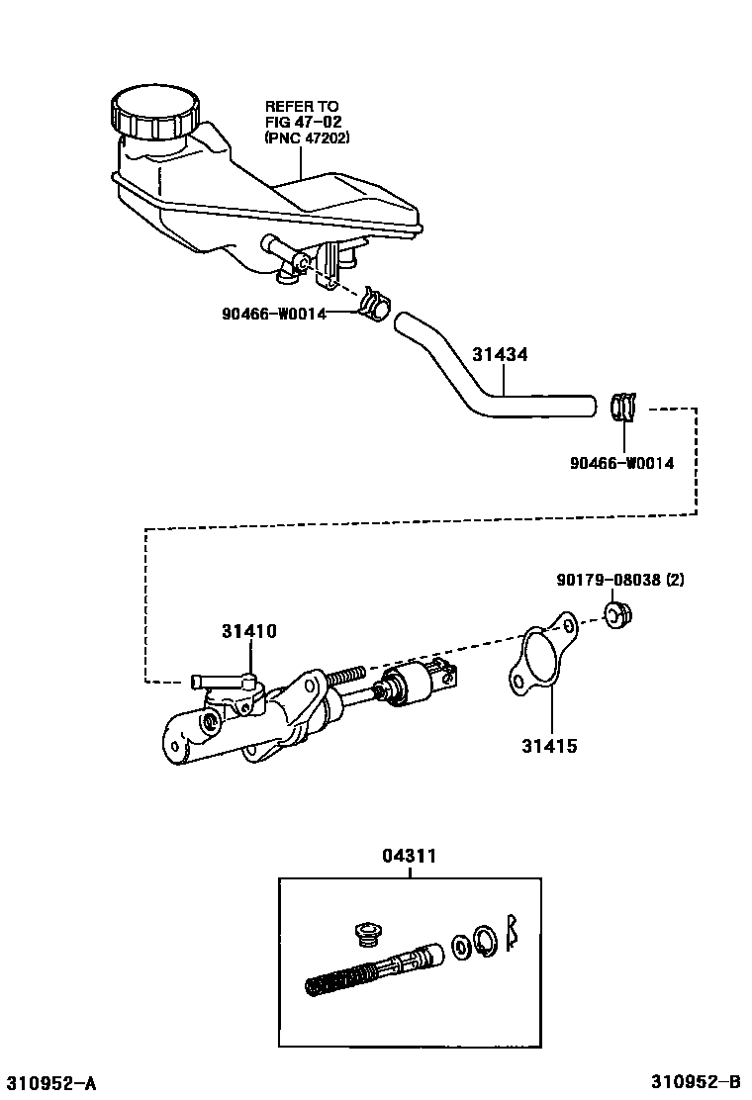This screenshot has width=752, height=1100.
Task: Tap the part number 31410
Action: coord(248,631)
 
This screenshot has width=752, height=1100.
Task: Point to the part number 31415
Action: coord(550,746)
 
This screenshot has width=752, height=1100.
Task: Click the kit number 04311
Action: coord(410,857)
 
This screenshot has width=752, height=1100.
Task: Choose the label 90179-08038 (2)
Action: coord(619,580)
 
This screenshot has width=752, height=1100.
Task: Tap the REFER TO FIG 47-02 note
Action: coord(301,122)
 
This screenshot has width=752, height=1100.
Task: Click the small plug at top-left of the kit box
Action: coord(367,934)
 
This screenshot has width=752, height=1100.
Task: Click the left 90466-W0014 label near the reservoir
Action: coord(273,314)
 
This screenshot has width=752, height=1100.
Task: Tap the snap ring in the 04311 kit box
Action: coord(485,940)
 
